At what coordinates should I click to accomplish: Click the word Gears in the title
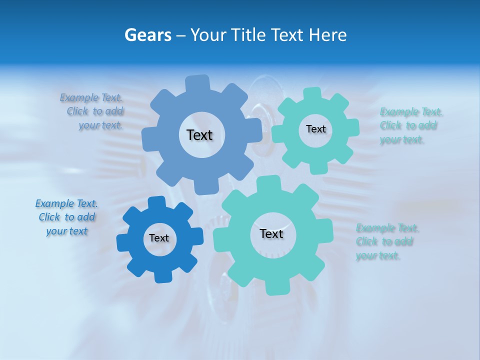tap(147, 35)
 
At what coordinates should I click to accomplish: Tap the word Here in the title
tap(328, 35)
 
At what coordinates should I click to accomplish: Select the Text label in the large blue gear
tap(199, 135)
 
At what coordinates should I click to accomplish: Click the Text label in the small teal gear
tap(315, 129)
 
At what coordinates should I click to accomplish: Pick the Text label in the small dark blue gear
tap(159, 238)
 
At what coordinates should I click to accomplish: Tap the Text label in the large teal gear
tap(271, 234)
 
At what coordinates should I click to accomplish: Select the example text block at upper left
tap(92, 111)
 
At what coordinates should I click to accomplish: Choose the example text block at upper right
tap(411, 125)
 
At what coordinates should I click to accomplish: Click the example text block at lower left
tap(66, 217)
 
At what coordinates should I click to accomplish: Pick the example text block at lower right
tap(387, 242)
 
